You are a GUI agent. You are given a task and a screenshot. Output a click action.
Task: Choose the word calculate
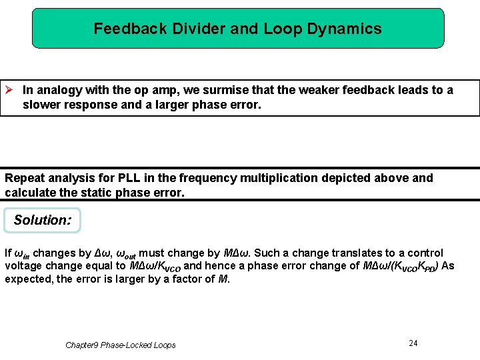pos(29,193)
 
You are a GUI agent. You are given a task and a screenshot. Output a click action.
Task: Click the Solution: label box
pos(42,220)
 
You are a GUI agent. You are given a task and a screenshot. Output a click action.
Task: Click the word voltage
pos(23,266)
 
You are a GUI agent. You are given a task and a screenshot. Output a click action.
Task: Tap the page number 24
pos(413,343)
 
